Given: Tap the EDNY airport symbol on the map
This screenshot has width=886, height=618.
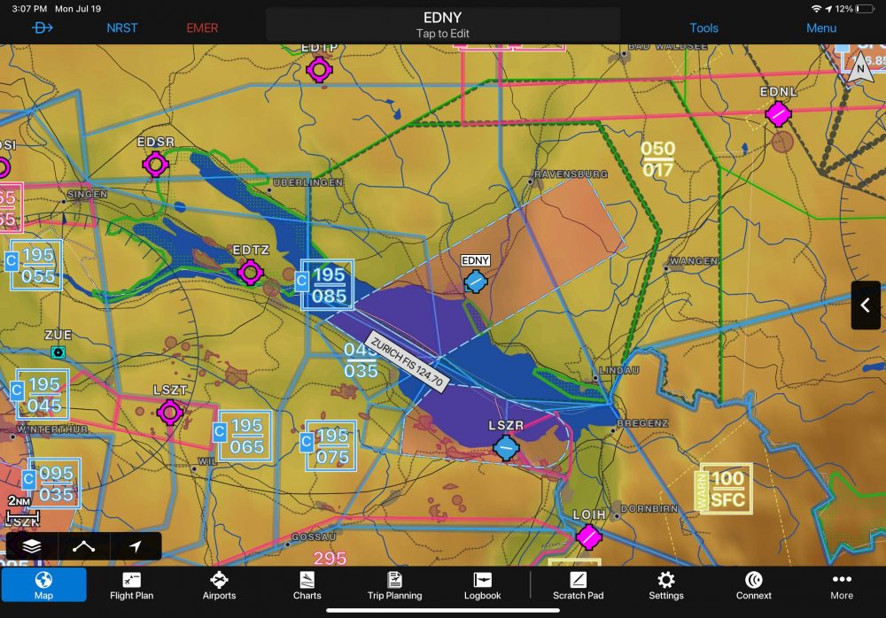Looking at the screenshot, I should click(x=476, y=282).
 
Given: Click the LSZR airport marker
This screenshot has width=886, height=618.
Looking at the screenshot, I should click(x=506, y=448).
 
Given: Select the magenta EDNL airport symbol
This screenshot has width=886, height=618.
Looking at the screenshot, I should click(x=778, y=113).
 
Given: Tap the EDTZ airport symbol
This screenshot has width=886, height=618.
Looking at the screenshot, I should click(x=251, y=273).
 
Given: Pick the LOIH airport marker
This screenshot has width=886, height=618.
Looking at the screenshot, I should click(x=588, y=536).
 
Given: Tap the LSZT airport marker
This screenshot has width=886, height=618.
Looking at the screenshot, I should click(x=170, y=412).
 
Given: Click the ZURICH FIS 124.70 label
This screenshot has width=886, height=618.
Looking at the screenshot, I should click(x=408, y=360).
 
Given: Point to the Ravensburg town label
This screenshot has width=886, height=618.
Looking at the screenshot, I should click(x=571, y=175).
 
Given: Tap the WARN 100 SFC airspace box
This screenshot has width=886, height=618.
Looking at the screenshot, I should click(x=727, y=489).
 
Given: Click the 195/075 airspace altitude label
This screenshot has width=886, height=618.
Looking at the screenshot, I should click(x=331, y=446).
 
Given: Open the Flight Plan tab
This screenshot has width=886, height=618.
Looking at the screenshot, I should click(x=131, y=584).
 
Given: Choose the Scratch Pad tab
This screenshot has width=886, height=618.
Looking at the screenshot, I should click(x=578, y=584).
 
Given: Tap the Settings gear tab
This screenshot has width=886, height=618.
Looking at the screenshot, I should click(x=666, y=584).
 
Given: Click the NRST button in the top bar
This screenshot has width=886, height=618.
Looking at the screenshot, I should click(x=122, y=27).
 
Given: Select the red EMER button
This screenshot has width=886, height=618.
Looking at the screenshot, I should click(x=202, y=27).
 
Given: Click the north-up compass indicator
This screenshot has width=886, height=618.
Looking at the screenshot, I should click(x=859, y=68).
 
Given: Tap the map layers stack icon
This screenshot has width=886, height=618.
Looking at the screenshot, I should click(x=32, y=546).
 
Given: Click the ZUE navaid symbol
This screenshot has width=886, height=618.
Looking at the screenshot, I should click(x=58, y=351).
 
